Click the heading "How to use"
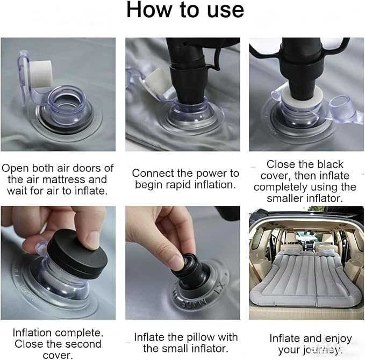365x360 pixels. [185, 10]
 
